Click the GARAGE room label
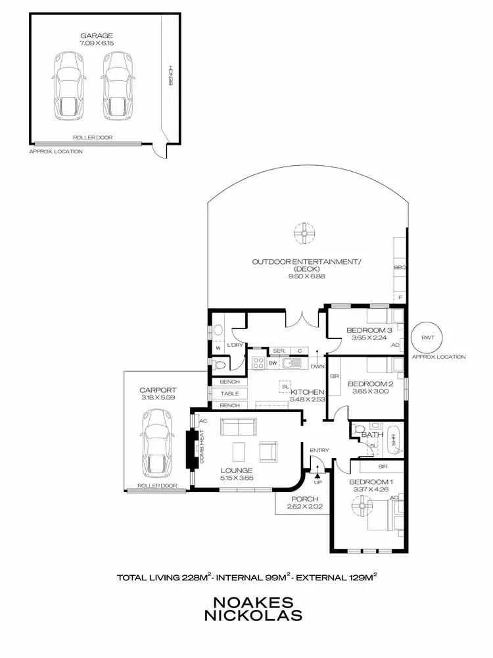97,36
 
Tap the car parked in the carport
158,444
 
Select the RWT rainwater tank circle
428,338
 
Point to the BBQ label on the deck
400,268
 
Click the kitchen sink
293,363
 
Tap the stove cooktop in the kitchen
258,363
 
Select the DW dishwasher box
273,363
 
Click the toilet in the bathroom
358,429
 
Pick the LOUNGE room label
237,470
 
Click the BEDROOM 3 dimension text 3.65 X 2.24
369,338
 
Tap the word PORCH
305,499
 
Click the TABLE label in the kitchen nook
229,393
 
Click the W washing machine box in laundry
218,348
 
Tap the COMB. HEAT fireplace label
202,447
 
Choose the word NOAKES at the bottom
253,602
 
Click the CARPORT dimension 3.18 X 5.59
158,397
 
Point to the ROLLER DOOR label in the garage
93,138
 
